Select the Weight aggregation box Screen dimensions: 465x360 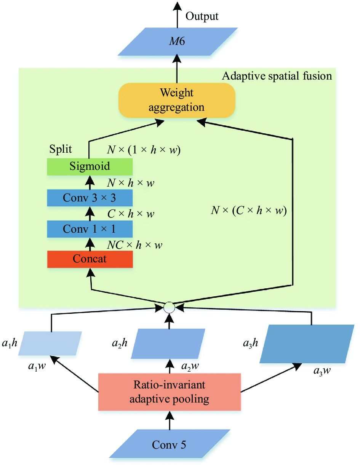176,100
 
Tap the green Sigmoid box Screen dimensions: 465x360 90,167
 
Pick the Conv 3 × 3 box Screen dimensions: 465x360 90,198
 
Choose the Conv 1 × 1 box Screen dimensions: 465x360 90,229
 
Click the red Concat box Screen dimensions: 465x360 90,259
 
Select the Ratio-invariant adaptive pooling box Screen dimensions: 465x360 170,391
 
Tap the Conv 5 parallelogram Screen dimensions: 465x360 170,444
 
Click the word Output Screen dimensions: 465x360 202,16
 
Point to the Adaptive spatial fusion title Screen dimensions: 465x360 277,76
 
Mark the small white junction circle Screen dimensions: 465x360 169,307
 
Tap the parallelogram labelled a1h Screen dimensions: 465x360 50,343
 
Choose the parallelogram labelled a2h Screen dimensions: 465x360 168,344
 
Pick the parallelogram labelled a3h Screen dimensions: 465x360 307,344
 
